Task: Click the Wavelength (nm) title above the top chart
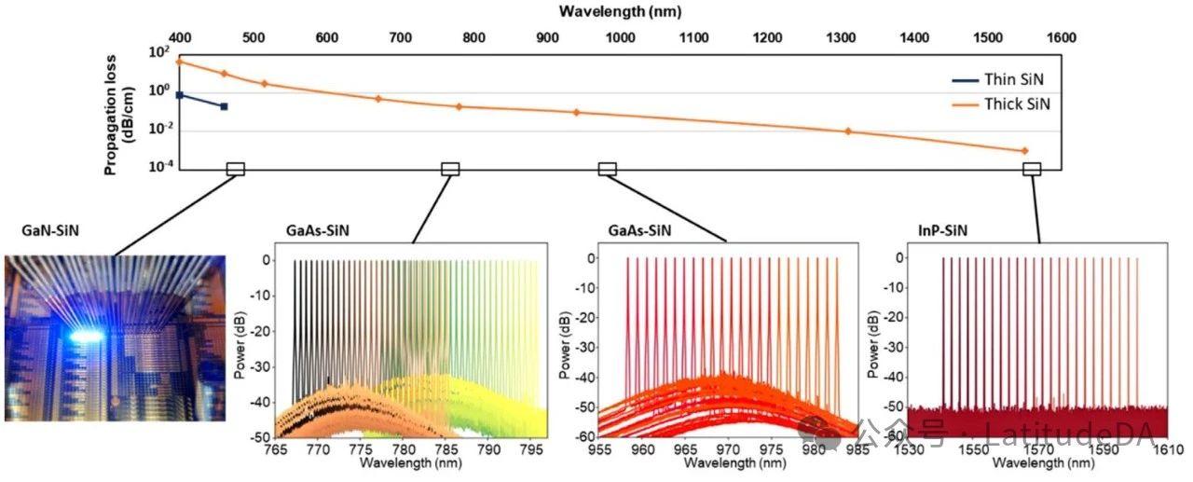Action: [x=620, y=12]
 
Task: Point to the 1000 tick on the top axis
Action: [x=621, y=38]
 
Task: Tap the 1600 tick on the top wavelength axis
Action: [x=1061, y=38]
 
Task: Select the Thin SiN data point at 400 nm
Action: [x=180, y=95]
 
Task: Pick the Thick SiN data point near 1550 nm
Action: [x=1024, y=151]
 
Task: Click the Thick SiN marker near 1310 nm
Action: [x=848, y=131]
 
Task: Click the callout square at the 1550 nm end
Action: [x=1032, y=169]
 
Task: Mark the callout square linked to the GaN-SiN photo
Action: [x=236, y=169]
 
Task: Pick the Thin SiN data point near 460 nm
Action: [x=224, y=106]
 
